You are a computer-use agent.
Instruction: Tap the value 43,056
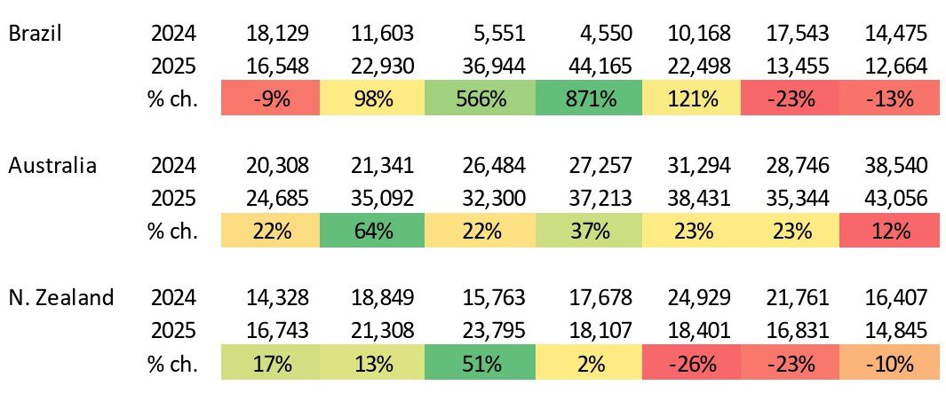point(895,199)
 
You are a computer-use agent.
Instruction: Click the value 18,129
point(278,35)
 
